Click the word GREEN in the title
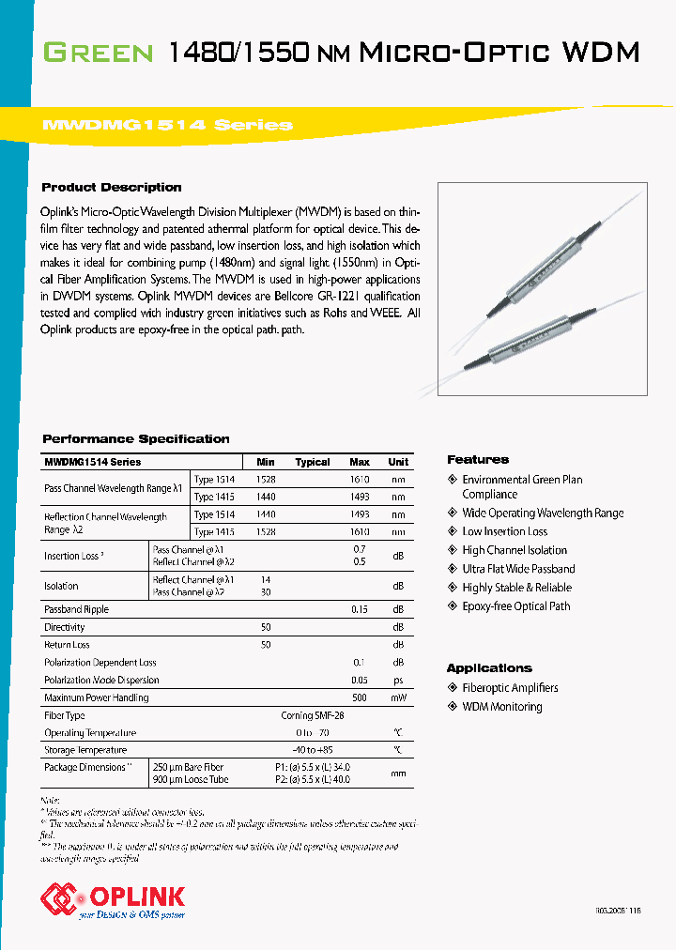click(99, 52)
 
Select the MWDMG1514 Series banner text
click(168, 125)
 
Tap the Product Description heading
click(112, 187)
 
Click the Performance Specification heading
click(136, 438)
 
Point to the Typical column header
click(313, 462)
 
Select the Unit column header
click(398, 462)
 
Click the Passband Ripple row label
click(76, 609)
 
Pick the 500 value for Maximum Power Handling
click(359, 697)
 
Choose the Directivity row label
click(65, 627)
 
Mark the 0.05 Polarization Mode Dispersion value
click(359, 680)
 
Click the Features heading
click(478, 459)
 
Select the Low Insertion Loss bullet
click(504, 531)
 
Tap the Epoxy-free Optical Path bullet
click(515, 606)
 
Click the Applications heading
click(489, 667)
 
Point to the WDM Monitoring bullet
click(501, 707)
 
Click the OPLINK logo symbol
click(58, 898)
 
